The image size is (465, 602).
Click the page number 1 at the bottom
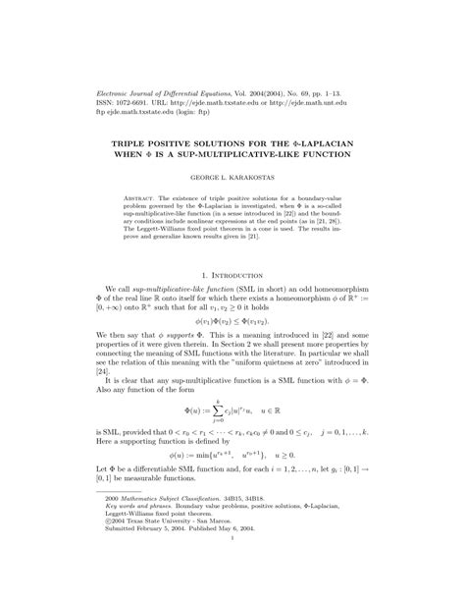[232, 565]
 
